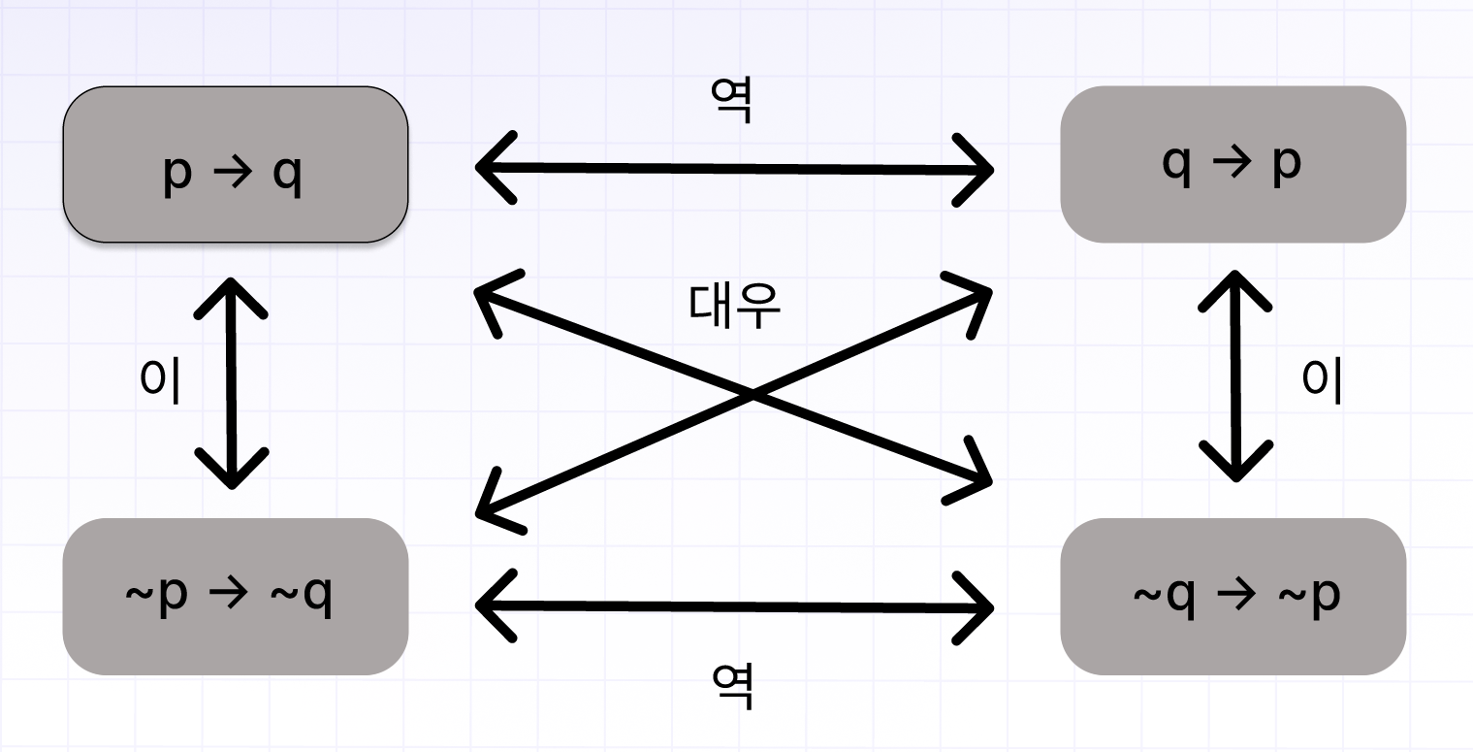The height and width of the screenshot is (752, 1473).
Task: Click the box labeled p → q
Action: click(235, 164)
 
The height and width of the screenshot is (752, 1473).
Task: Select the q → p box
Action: click(1233, 164)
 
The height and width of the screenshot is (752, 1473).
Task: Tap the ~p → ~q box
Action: click(235, 596)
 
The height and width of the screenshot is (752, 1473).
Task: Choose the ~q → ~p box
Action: click(1233, 596)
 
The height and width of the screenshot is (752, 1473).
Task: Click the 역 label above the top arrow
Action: click(732, 100)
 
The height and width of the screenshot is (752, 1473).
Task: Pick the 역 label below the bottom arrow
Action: click(732, 686)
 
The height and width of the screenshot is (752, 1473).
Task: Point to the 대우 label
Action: click(734, 305)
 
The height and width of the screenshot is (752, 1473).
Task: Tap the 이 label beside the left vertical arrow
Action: click(160, 379)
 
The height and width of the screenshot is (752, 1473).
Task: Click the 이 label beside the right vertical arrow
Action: click(1322, 379)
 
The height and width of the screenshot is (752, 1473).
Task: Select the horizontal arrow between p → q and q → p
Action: click(734, 169)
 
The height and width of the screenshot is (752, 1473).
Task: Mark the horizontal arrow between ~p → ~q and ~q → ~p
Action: click(734, 606)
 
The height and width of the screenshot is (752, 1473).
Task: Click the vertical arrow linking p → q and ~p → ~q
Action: click(231, 383)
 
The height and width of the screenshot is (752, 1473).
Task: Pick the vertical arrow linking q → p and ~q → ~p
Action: click(1234, 376)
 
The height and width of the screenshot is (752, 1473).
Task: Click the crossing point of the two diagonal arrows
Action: click(752, 395)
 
